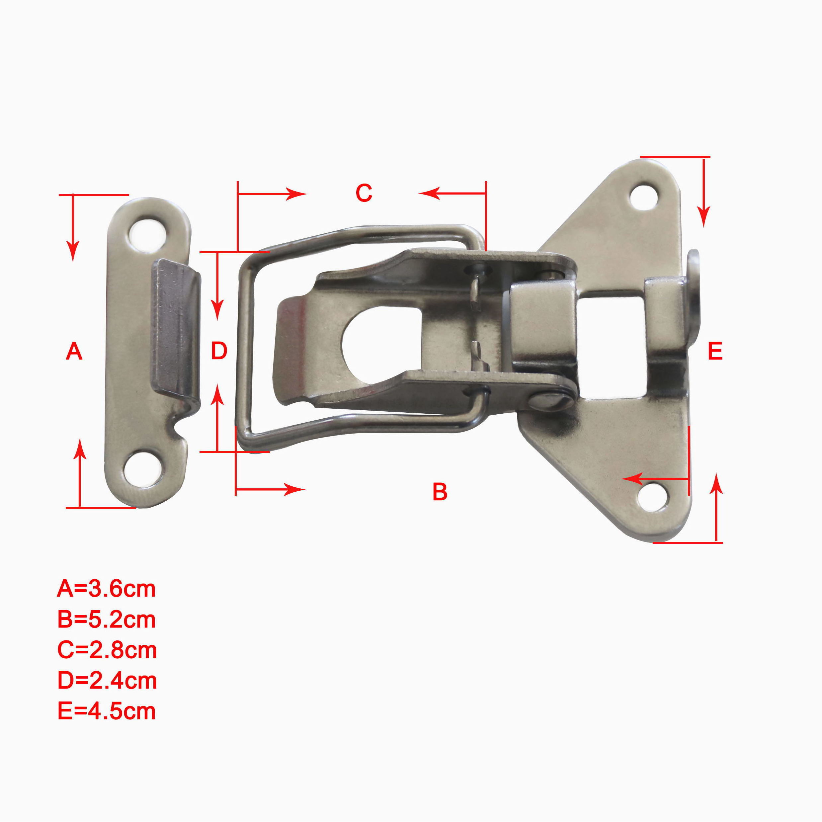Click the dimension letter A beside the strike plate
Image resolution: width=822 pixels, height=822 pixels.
click(74, 352)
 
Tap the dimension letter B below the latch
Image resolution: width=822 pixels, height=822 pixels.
click(440, 491)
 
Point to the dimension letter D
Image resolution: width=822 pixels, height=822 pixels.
click(219, 352)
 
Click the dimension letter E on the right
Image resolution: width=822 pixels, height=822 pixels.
click(715, 352)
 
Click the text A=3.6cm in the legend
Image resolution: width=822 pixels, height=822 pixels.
click(106, 589)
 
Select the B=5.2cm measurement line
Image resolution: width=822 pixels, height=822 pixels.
click(106, 619)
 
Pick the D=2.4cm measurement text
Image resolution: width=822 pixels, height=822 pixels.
click(107, 681)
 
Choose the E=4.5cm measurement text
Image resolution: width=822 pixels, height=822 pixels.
click(106, 711)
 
